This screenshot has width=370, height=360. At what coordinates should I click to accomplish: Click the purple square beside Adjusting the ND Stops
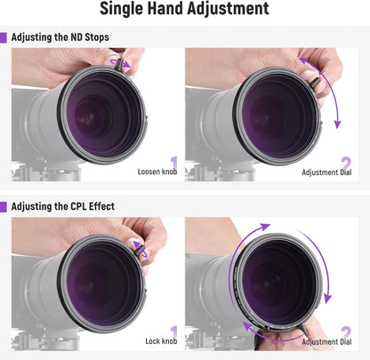coord(4,38)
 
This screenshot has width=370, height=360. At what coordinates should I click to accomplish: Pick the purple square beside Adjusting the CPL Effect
coord(4,206)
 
